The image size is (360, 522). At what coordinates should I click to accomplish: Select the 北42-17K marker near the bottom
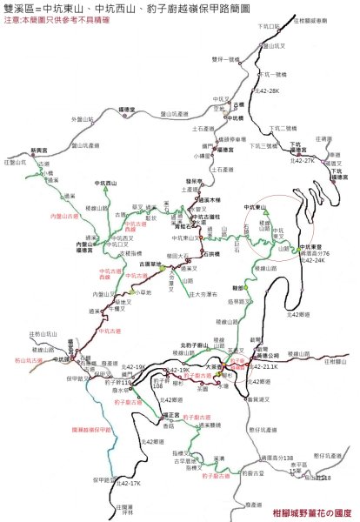click(x=127, y=483)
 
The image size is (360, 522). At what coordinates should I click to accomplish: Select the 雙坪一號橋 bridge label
click(x=225, y=59)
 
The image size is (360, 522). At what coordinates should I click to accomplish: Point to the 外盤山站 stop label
click(x=81, y=119)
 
